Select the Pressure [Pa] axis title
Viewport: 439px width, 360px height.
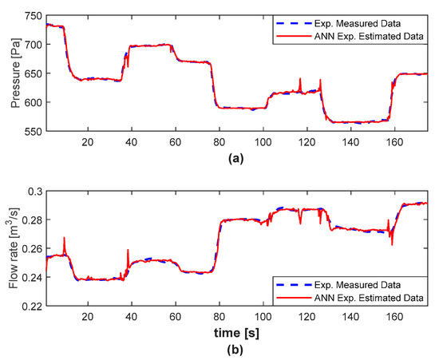[x=10, y=73]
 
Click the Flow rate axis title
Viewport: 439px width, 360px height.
[x=10, y=249]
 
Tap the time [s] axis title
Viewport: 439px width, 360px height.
[x=239, y=330]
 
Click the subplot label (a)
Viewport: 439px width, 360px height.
[x=236, y=158]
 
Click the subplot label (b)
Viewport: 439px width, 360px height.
[x=236, y=349]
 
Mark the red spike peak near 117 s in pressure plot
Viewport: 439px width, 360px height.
[x=300, y=78]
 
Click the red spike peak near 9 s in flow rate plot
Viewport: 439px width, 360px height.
[x=64, y=237]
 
